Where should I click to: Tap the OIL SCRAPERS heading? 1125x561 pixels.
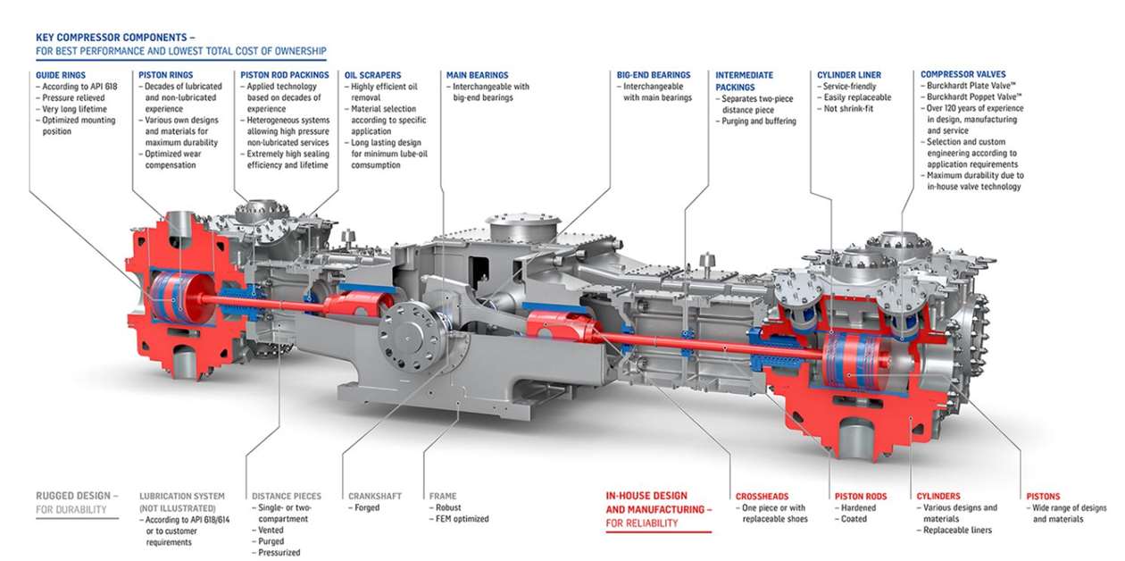tap(372, 75)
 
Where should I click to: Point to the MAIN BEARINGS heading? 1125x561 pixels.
tap(478, 75)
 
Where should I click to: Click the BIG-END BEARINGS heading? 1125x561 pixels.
tap(654, 75)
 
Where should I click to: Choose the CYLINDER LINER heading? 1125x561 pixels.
tap(849, 75)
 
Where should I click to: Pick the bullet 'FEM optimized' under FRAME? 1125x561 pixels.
tap(461, 519)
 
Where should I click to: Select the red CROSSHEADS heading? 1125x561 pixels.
tap(762, 496)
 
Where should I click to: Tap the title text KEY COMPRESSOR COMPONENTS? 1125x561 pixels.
tap(112, 38)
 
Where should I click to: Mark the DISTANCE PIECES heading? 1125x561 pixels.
tap(287, 496)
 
